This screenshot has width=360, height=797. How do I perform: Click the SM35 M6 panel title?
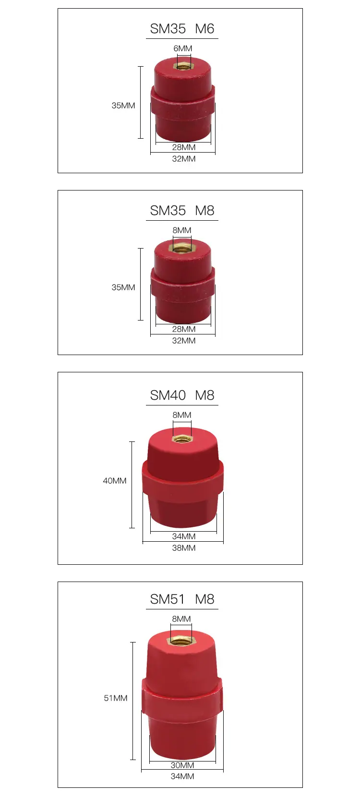point(182,28)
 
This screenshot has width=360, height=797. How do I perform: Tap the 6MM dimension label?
point(183,48)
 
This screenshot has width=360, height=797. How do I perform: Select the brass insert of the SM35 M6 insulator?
point(183,66)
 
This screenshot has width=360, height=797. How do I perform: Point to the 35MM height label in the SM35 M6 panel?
point(123,105)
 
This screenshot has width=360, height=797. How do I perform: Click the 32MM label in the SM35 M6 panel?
point(184,159)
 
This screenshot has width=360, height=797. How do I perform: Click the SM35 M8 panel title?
point(182,210)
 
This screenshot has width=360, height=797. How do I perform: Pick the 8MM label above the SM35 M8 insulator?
point(182,230)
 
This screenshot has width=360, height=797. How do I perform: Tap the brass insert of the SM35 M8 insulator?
point(182,247)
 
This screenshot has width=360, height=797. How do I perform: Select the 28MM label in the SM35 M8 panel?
point(184,329)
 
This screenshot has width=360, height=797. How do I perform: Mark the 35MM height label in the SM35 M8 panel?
point(123,287)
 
